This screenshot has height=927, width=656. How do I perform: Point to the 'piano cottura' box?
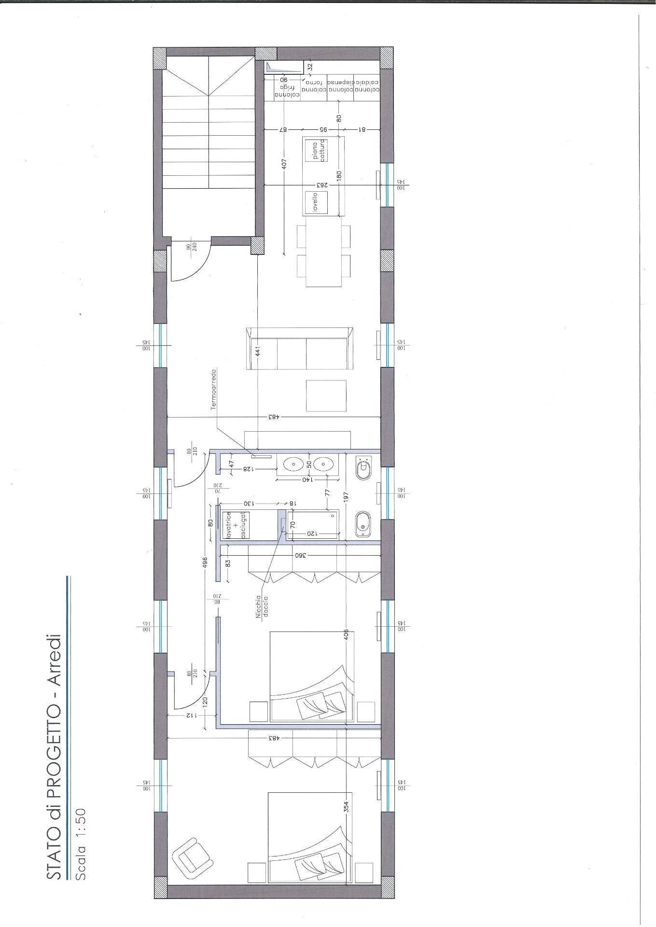[319, 151]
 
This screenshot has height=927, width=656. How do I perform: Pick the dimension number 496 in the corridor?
[205, 562]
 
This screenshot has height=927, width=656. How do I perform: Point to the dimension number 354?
[346, 807]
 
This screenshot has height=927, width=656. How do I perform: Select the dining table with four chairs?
[323, 252]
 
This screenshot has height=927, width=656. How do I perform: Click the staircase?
[208, 145]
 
